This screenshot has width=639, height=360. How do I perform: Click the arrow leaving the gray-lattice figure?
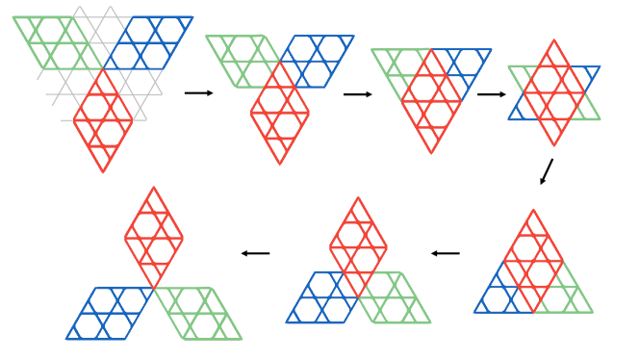[x=198, y=92]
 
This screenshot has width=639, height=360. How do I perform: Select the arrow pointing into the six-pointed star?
[x=491, y=94]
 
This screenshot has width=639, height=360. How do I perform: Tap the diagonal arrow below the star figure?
[x=547, y=170]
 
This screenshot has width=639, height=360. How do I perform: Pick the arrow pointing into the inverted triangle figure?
[x=357, y=94]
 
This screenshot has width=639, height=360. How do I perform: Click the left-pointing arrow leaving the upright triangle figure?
[x=445, y=253]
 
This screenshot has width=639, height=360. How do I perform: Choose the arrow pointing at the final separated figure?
[x=255, y=253]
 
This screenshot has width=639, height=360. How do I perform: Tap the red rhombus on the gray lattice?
[x=103, y=120]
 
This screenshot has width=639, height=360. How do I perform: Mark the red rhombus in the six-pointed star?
[x=553, y=92]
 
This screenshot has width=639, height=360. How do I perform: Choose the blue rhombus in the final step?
[x=110, y=313]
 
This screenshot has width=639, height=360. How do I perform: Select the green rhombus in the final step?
[x=198, y=313]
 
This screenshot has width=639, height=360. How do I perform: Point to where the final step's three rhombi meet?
[x=154, y=288]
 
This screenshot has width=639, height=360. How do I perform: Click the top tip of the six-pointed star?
[x=553, y=40]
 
